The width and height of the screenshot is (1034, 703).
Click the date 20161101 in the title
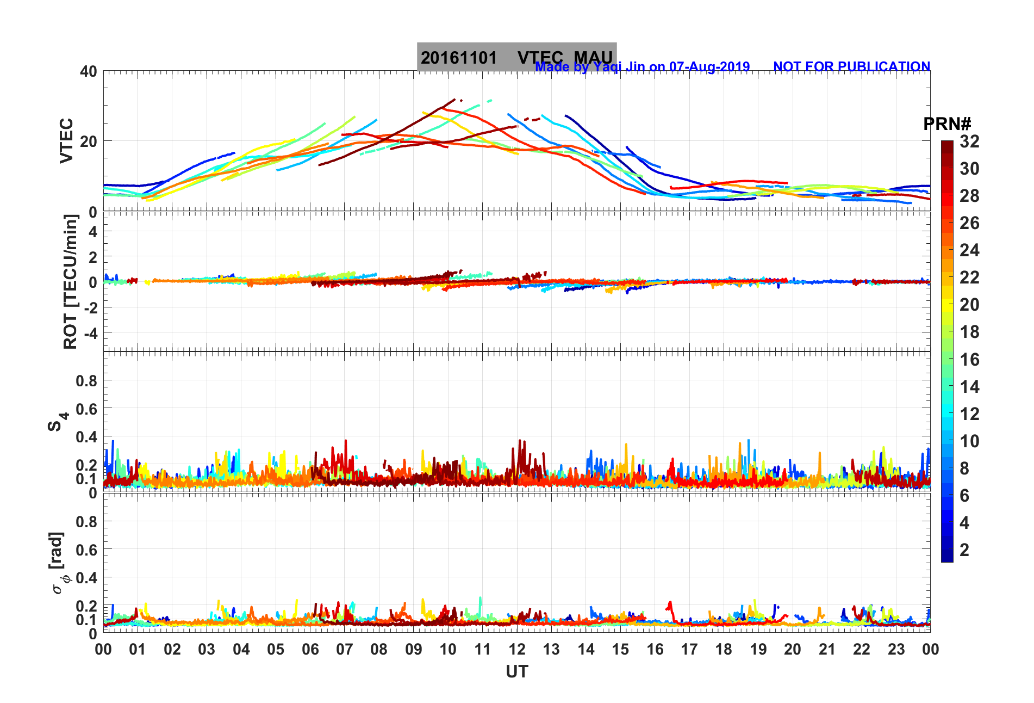458,58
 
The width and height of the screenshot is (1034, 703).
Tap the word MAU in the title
593,58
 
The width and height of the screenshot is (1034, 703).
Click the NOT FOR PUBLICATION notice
851,66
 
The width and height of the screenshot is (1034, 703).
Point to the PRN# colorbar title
947,124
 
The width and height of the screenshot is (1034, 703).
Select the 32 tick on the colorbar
969,141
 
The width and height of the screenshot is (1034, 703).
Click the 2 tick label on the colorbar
964,550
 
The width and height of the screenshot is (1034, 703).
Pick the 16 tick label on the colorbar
969,359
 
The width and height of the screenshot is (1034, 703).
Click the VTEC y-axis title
66,140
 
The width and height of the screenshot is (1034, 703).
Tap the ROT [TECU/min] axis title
71,281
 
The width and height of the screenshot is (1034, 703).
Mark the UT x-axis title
516,672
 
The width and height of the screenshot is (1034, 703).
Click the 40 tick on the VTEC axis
88,71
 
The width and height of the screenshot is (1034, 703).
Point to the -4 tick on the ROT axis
90,332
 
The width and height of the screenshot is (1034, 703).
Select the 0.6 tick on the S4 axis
86,409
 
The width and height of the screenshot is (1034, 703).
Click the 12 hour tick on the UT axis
517,649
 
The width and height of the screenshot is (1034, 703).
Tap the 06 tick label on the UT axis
310,649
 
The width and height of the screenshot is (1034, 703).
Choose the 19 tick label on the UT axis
758,649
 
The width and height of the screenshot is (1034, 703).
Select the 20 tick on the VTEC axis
88,141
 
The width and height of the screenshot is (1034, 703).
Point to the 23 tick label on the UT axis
896,649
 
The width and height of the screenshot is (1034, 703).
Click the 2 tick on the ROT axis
93,256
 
